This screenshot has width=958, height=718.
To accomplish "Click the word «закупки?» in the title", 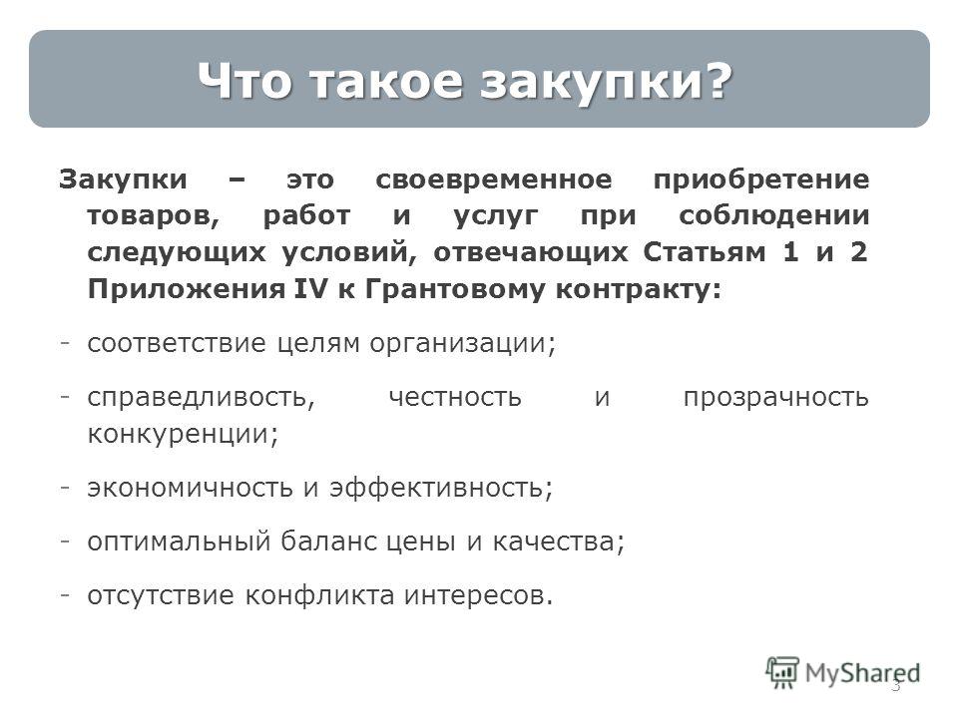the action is tap(606, 81).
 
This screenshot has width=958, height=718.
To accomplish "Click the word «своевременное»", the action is tap(494, 179).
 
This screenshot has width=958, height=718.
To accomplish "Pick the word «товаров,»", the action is tap(154, 216).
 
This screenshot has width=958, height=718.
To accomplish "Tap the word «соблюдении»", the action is tap(774, 216).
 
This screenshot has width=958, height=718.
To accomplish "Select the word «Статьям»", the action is tap(704, 252).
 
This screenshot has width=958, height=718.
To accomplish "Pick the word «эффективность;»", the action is tap(441, 489).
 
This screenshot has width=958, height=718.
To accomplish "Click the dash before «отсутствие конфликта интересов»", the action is tap(64, 594).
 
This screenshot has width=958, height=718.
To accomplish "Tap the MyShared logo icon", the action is tap(782, 673).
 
